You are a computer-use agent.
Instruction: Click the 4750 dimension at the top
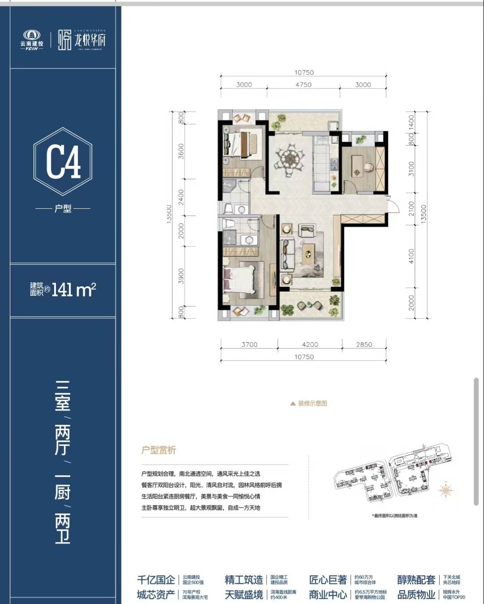point(303,85)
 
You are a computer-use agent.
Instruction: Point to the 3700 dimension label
point(249,345)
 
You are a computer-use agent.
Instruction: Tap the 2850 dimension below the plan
point(364,345)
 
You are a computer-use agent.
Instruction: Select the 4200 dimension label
point(310,345)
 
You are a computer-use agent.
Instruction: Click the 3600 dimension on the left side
point(181,151)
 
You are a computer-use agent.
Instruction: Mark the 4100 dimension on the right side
point(411,256)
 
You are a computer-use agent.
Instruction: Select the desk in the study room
point(359,165)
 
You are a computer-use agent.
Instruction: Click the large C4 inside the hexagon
point(63,162)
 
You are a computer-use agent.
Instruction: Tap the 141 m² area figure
point(73,290)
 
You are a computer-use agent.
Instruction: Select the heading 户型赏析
point(159,450)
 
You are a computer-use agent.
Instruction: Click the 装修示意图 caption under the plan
point(312,403)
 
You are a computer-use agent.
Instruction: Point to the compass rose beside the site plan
point(445,491)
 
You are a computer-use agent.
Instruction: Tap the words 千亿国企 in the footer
point(156,580)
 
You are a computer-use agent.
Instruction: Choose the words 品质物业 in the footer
point(416,595)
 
